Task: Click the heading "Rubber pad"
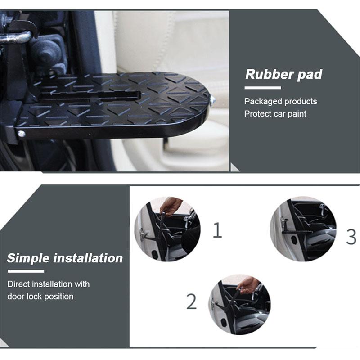pos(283,74)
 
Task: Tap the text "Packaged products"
pos(280,101)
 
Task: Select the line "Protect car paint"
pos(275,114)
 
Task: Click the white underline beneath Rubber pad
pos(263,88)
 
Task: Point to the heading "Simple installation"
pos(65,258)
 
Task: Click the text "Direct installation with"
pos(48,284)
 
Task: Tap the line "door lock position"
pos(40,296)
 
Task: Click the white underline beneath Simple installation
pos(26,271)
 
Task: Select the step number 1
pos(217,230)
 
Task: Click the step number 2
pos(192,302)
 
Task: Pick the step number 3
pos(351,237)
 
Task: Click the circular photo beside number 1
pos(167,229)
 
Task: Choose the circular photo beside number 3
pos(303,229)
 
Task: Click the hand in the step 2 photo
pos(248,284)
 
